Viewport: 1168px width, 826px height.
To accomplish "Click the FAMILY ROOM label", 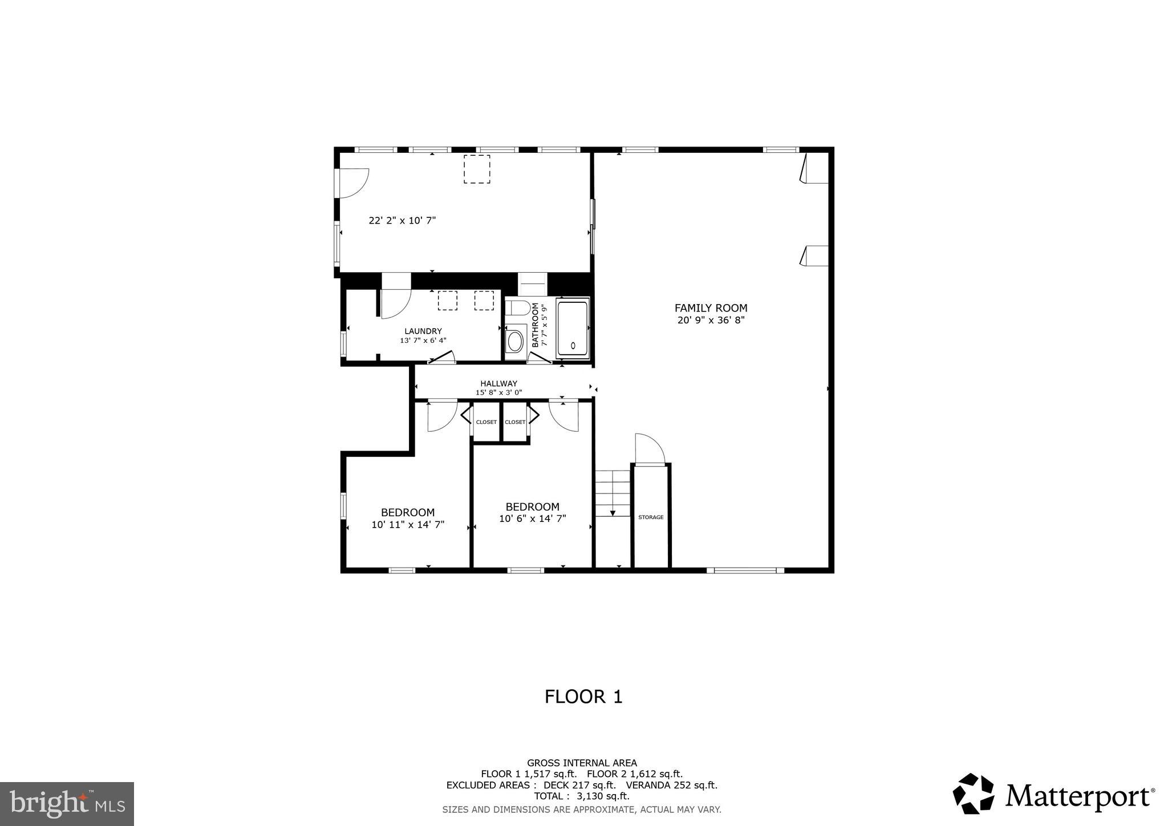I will coord(711,308).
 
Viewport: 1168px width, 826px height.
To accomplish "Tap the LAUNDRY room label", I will coord(423,331).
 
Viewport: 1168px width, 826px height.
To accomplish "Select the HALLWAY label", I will coord(498,383).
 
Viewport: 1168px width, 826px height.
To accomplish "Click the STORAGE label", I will coord(651,517).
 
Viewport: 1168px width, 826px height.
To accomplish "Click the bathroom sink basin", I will coord(515,342).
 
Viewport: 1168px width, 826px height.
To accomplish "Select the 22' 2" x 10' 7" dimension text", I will coord(402,220).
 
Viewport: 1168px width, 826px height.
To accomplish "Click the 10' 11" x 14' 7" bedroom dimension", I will coord(408,525).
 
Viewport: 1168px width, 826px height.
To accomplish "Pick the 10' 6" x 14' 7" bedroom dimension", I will coord(532,519).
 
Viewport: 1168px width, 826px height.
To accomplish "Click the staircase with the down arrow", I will coord(612,494).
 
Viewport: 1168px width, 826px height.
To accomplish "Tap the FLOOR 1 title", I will coord(583,697).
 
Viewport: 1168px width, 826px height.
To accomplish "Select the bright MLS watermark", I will coord(67,804).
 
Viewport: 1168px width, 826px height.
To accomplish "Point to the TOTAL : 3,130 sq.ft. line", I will coord(582,796).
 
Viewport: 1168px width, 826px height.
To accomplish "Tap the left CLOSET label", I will coord(486,422).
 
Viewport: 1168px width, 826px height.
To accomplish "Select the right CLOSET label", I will coord(515,422).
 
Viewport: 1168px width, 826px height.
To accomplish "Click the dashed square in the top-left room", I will coord(477,169).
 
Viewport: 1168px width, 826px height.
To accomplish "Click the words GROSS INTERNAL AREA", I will coord(582,763).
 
